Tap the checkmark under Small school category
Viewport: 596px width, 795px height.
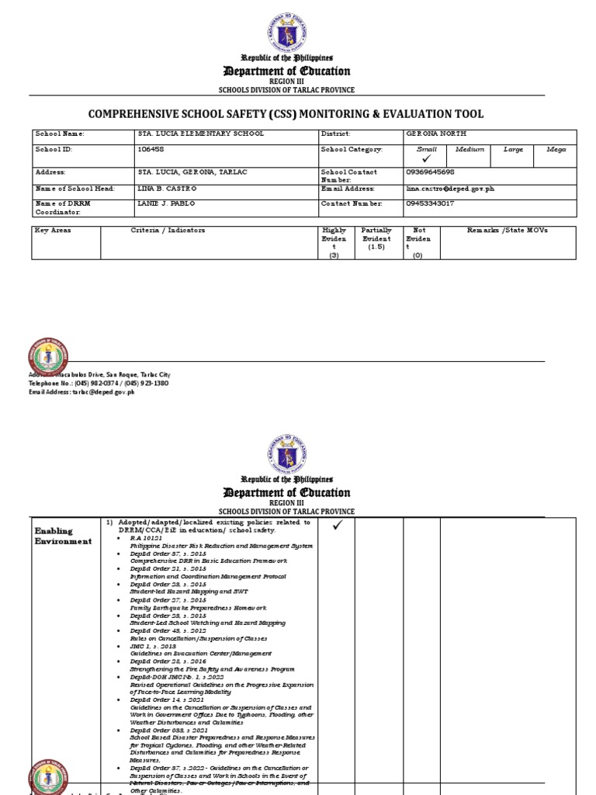pyautogui.click(x=426, y=158)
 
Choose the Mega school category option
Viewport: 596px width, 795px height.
pyautogui.click(x=556, y=149)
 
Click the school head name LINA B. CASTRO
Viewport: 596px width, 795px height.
pyautogui.click(x=167, y=189)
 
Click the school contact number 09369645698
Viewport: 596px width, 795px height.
pyautogui.click(x=431, y=171)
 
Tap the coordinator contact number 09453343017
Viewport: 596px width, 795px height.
pyautogui.click(x=430, y=203)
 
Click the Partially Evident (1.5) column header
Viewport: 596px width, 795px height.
pyautogui.click(x=376, y=238)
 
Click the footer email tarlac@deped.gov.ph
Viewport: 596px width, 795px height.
pyautogui.click(x=81, y=392)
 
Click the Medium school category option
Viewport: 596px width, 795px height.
pyautogui.click(x=470, y=149)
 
